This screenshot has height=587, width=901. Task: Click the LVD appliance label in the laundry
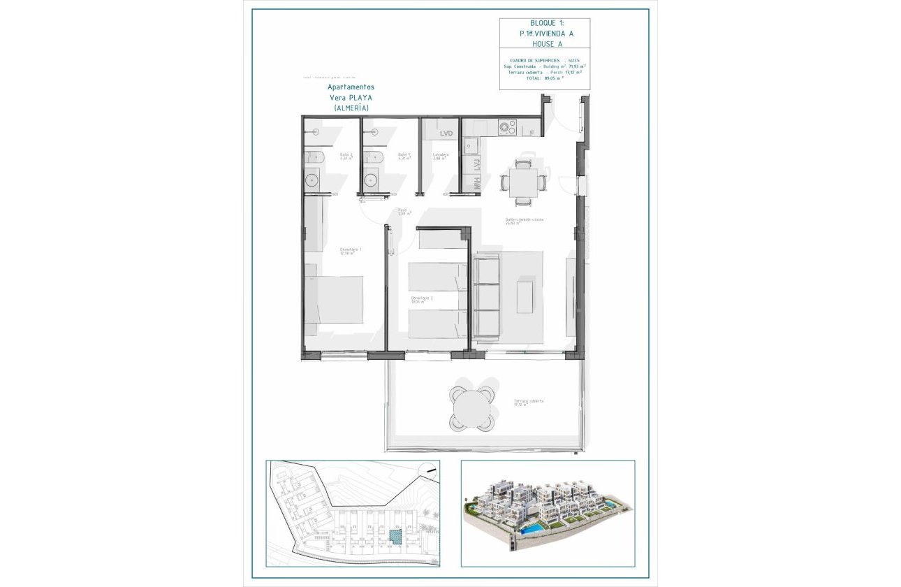pyautogui.click(x=446, y=133)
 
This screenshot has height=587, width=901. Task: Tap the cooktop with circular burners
pyautogui.click(x=507, y=128)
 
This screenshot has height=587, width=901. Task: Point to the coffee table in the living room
pyautogui.click(x=525, y=296)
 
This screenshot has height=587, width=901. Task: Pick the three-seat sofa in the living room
pyautogui.click(x=487, y=296)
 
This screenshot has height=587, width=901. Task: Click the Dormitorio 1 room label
pyautogui.click(x=350, y=249)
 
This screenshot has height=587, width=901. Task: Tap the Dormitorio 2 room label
pyautogui.click(x=421, y=298)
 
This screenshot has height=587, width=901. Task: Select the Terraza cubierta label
pyautogui.click(x=528, y=402)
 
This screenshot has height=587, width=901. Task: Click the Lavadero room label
pyautogui.click(x=441, y=155)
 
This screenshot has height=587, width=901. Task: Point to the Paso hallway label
pyautogui.click(x=403, y=210)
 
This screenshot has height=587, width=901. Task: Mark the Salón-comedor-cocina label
pyautogui.click(x=525, y=219)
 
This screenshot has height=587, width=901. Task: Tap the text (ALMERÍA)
pyautogui.click(x=351, y=108)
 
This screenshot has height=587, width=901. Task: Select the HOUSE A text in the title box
pyautogui.click(x=545, y=44)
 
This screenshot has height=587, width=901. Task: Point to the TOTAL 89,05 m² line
pyautogui.click(x=545, y=78)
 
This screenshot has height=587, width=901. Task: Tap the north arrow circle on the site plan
pyautogui.click(x=427, y=472)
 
